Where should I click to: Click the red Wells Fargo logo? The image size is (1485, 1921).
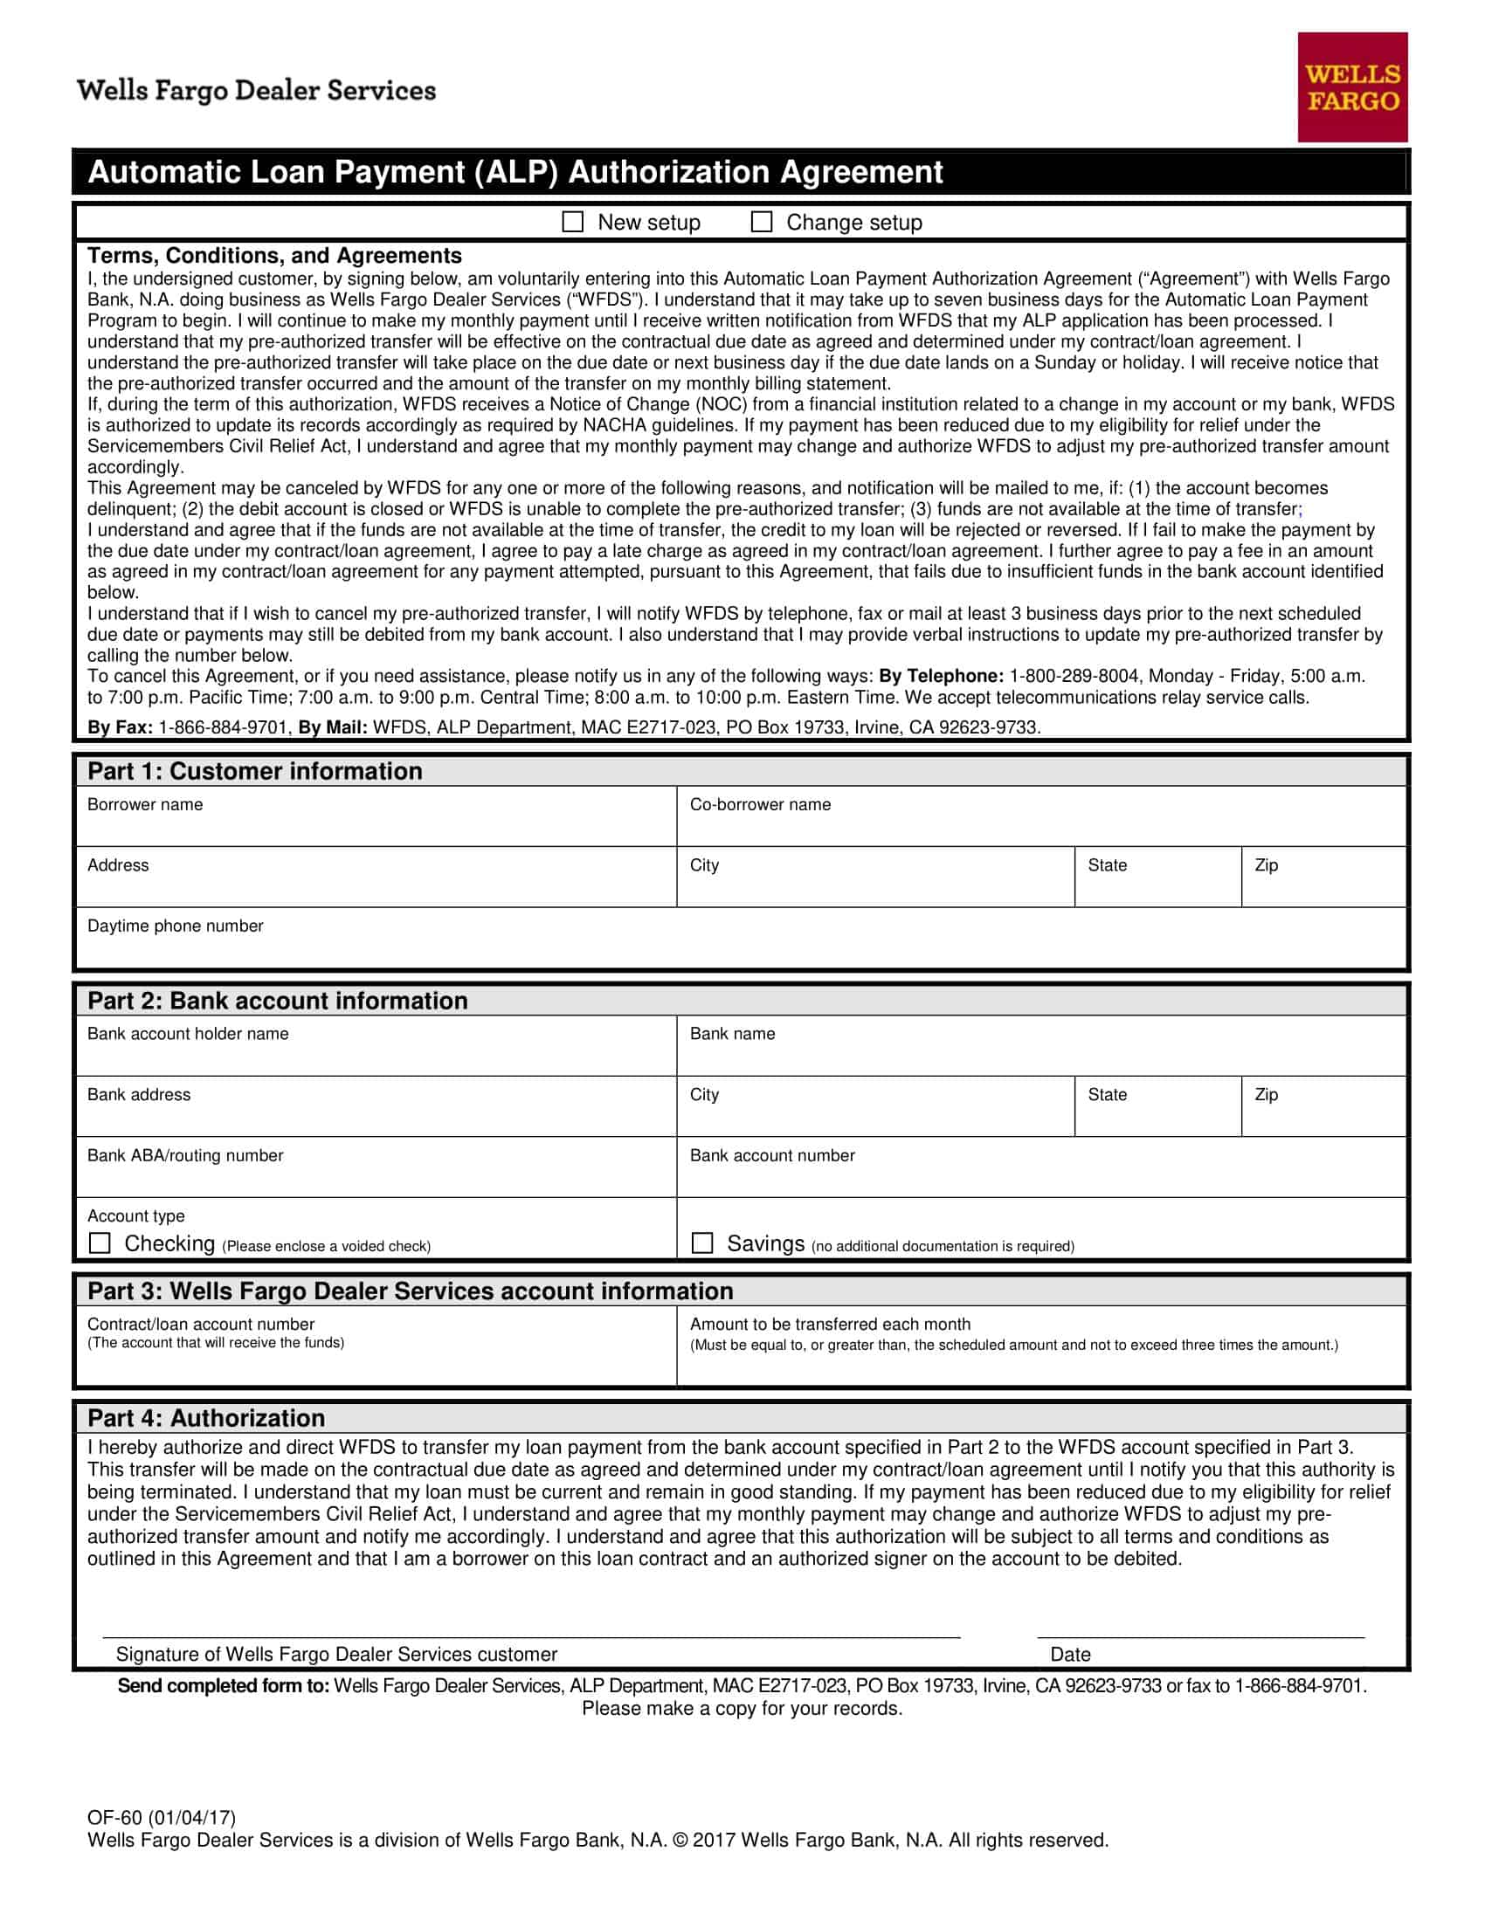1352,87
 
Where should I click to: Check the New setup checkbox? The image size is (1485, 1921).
573,222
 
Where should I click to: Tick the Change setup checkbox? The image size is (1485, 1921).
761,222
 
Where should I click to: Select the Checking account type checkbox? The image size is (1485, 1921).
100,1243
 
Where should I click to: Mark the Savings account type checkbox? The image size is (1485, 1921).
702,1243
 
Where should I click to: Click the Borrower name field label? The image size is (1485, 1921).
145,805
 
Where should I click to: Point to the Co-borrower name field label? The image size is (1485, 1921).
760,805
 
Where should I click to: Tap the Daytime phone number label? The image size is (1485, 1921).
175,926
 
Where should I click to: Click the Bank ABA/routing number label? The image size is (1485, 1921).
184,1156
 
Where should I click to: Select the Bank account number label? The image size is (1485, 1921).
771,1156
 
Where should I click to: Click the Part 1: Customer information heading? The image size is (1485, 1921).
254,771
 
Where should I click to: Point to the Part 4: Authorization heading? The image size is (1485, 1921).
206,1418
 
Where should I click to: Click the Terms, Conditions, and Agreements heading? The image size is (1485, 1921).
274,256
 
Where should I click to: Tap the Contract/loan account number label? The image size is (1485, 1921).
201,1324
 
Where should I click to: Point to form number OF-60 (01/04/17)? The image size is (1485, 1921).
161,1818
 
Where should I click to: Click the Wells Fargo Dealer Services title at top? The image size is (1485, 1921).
256,91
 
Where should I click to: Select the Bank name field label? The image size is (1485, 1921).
732,1035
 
